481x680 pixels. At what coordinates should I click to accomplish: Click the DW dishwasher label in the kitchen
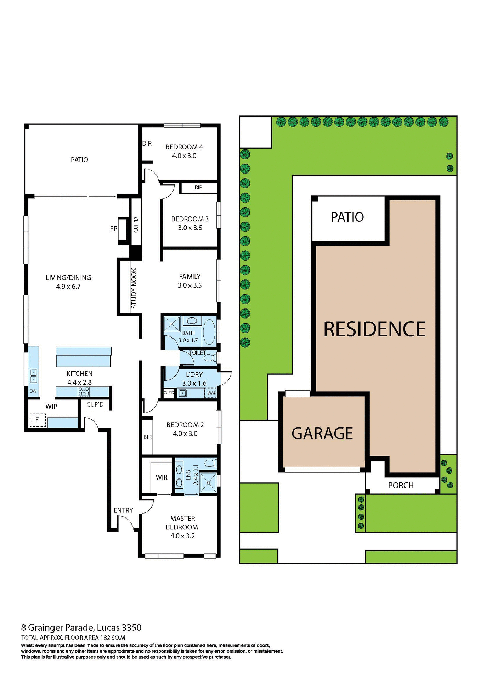tap(33, 391)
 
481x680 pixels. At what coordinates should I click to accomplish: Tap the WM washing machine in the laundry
tap(211, 393)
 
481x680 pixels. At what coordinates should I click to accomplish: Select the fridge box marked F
tap(37, 420)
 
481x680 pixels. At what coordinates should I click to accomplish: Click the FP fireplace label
tap(113, 229)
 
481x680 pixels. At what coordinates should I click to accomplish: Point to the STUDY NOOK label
tap(134, 288)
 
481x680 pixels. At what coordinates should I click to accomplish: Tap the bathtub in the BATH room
tap(209, 332)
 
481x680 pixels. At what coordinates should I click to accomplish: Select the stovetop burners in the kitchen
tap(84, 391)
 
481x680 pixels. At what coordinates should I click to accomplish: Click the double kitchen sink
tap(33, 376)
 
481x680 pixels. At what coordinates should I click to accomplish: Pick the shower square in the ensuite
tap(208, 482)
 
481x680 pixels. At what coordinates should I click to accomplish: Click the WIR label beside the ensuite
tap(162, 477)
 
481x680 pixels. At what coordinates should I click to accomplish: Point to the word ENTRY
tap(123, 510)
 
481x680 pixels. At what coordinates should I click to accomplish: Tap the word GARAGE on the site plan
tap(322, 433)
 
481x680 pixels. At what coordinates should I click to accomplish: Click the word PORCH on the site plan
tap(401, 485)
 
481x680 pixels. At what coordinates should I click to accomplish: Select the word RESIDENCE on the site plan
tap(374, 329)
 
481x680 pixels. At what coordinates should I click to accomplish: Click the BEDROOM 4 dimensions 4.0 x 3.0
tap(184, 156)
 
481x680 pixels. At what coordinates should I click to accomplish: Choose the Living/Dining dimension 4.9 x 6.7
tap(68, 287)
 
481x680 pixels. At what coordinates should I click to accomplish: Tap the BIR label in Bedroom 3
tap(198, 188)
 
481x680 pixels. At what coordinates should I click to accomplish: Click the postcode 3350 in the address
tap(132, 628)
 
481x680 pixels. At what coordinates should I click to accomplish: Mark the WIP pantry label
tap(51, 407)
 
